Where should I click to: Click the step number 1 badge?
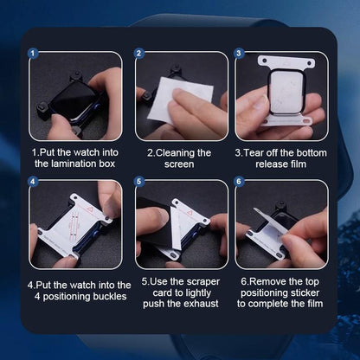pyautogui.click(x=34, y=53)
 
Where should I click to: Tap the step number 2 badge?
pyautogui.click(x=139, y=53)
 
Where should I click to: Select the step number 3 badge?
pyautogui.click(x=239, y=53)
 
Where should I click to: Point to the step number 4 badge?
pyautogui.click(x=34, y=181)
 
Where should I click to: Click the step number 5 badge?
pyautogui.click(x=139, y=181)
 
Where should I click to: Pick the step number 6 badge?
pyautogui.click(x=239, y=181)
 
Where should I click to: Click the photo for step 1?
pyautogui.click(x=75, y=96)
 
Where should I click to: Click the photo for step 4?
pyautogui.click(x=75, y=224)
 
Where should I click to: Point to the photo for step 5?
pyautogui.click(x=180, y=224)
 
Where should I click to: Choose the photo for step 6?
pyautogui.click(x=282, y=224)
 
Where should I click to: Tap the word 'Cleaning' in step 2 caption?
pyautogui.click(x=184, y=152)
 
